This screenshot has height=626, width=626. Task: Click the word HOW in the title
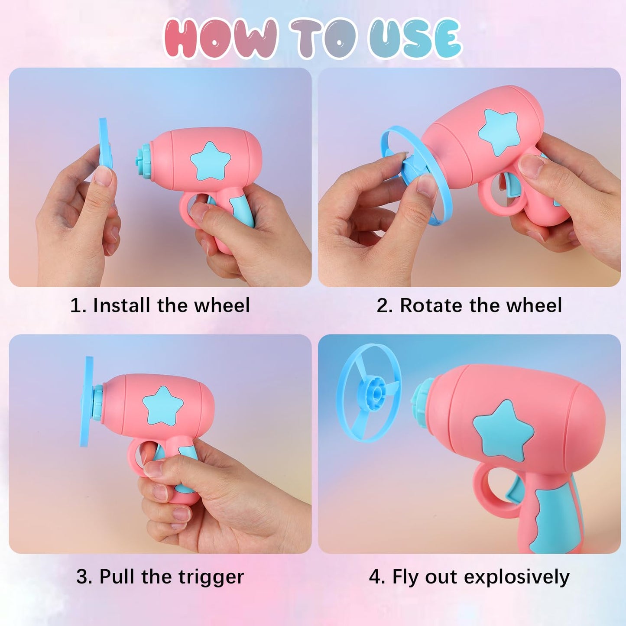pyautogui.click(x=221, y=39)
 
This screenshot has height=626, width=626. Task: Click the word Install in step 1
pyautogui.click(x=122, y=305)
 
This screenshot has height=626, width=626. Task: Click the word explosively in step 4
pyautogui.click(x=516, y=577)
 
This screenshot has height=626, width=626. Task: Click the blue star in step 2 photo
pyautogui.click(x=498, y=132)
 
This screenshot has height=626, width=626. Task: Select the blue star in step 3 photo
pyautogui.click(x=163, y=406)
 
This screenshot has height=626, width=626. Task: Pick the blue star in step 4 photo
pyautogui.click(x=503, y=431)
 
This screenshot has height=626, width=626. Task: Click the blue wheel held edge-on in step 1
pyautogui.click(x=105, y=143)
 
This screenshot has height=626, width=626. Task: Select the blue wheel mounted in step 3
pyautogui.click(x=87, y=402)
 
